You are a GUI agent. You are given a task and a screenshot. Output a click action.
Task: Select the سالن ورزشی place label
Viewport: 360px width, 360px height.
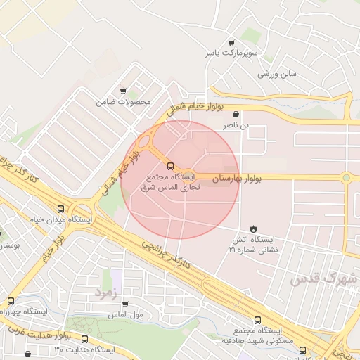(x=278, y=73)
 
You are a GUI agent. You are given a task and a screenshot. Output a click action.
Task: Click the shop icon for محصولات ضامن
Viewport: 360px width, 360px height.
(x=124, y=91)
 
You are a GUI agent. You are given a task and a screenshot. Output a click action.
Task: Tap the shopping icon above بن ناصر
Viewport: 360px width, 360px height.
(x=236, y=113)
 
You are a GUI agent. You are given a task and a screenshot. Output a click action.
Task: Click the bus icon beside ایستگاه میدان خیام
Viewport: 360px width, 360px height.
(x=61, y=209)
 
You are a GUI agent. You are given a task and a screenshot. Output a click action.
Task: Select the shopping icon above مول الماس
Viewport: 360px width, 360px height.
(x=125, y=304)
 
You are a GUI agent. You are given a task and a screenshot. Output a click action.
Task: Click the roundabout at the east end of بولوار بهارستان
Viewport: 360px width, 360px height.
(x=346, y=178)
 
